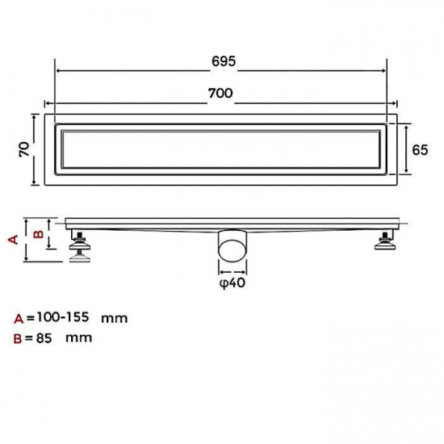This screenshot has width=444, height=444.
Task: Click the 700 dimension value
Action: click(x=220, y=93)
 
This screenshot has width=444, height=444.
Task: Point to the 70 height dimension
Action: click(x=24, y=149)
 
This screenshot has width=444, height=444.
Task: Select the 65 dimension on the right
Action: click(x=420, y=149)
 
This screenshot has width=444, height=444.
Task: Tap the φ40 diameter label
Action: click(x=232, y=283)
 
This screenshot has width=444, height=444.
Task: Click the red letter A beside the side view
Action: click(x=12, y=239)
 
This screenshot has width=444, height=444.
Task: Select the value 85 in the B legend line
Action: click(x=44, y=337)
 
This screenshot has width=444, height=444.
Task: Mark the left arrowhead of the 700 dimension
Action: click(x=47, y=103)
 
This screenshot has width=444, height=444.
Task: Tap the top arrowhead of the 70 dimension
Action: click(x=35, y=118)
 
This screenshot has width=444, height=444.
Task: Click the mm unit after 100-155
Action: click(x=115, y=318)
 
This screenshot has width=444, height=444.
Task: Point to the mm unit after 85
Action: click(x=80, y=337)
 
